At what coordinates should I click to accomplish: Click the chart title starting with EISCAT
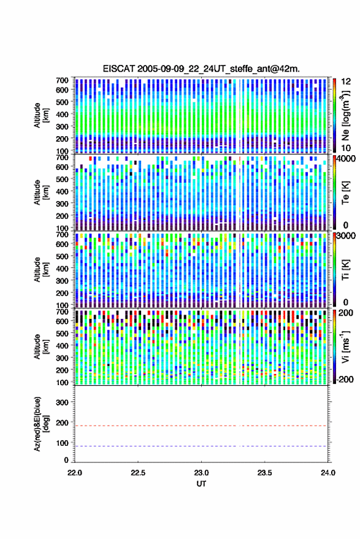click(201, 69)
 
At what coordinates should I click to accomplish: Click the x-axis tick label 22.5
click(138, 473)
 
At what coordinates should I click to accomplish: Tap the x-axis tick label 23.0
click(201, 473)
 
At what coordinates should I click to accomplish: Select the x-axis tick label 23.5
click(264, 473)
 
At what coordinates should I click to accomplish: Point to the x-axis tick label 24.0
click(327, 473)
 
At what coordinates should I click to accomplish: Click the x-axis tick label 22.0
click(75, 473)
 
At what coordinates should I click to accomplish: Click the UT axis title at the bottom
click(201, 484)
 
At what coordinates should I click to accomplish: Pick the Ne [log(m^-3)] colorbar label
click(345, 115)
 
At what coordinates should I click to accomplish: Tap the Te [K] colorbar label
click(345, 193)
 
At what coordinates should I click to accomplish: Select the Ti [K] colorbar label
click(345, 270)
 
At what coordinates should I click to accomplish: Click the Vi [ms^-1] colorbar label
click(345, 346)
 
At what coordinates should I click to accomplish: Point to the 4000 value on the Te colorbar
click(347, 159)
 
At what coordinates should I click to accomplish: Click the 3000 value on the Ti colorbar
click(347, 236)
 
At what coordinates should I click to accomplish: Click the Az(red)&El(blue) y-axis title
click(41, 424)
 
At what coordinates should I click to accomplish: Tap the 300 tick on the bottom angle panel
click(62, 402)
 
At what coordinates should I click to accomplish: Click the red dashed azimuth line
click(201, 426)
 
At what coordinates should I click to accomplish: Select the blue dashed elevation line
click(201, 446)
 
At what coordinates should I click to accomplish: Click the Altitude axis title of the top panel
click(41, 115)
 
